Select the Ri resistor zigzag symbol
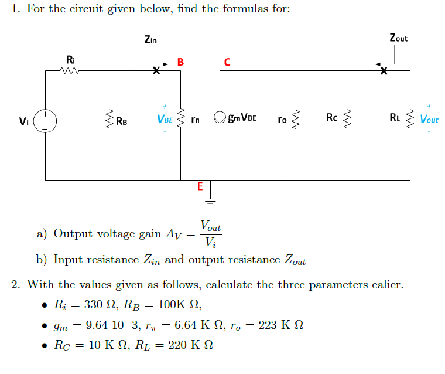[70, 72]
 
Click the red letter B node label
[180, 62]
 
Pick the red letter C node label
[227, 62]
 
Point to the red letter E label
[200, 187]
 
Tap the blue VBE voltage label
[165, 119]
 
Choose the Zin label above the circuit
[150, 39]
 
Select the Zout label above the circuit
[398, 38]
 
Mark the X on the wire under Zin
[156, 72]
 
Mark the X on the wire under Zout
[384, 72]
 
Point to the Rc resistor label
[332, 118]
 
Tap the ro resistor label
[282, 120]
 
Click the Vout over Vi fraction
[210, 234]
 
